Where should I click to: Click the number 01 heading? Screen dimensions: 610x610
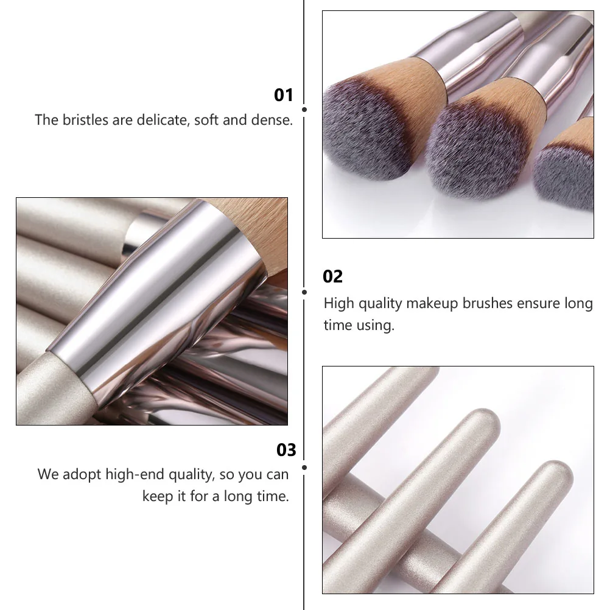coord(284,95)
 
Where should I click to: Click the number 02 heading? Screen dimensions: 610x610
coord(333,276)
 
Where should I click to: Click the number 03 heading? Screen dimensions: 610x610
coord(286,450)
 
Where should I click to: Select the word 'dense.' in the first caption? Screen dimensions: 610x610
coord(272,120)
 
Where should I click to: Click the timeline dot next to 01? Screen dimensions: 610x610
coord(304,110)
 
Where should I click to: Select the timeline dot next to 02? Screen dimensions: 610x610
coord(304,292)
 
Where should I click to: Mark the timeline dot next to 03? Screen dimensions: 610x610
coord(304,468)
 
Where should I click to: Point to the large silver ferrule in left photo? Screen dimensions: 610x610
coord(158,304)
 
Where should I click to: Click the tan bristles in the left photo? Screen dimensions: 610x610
coord(256,225)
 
